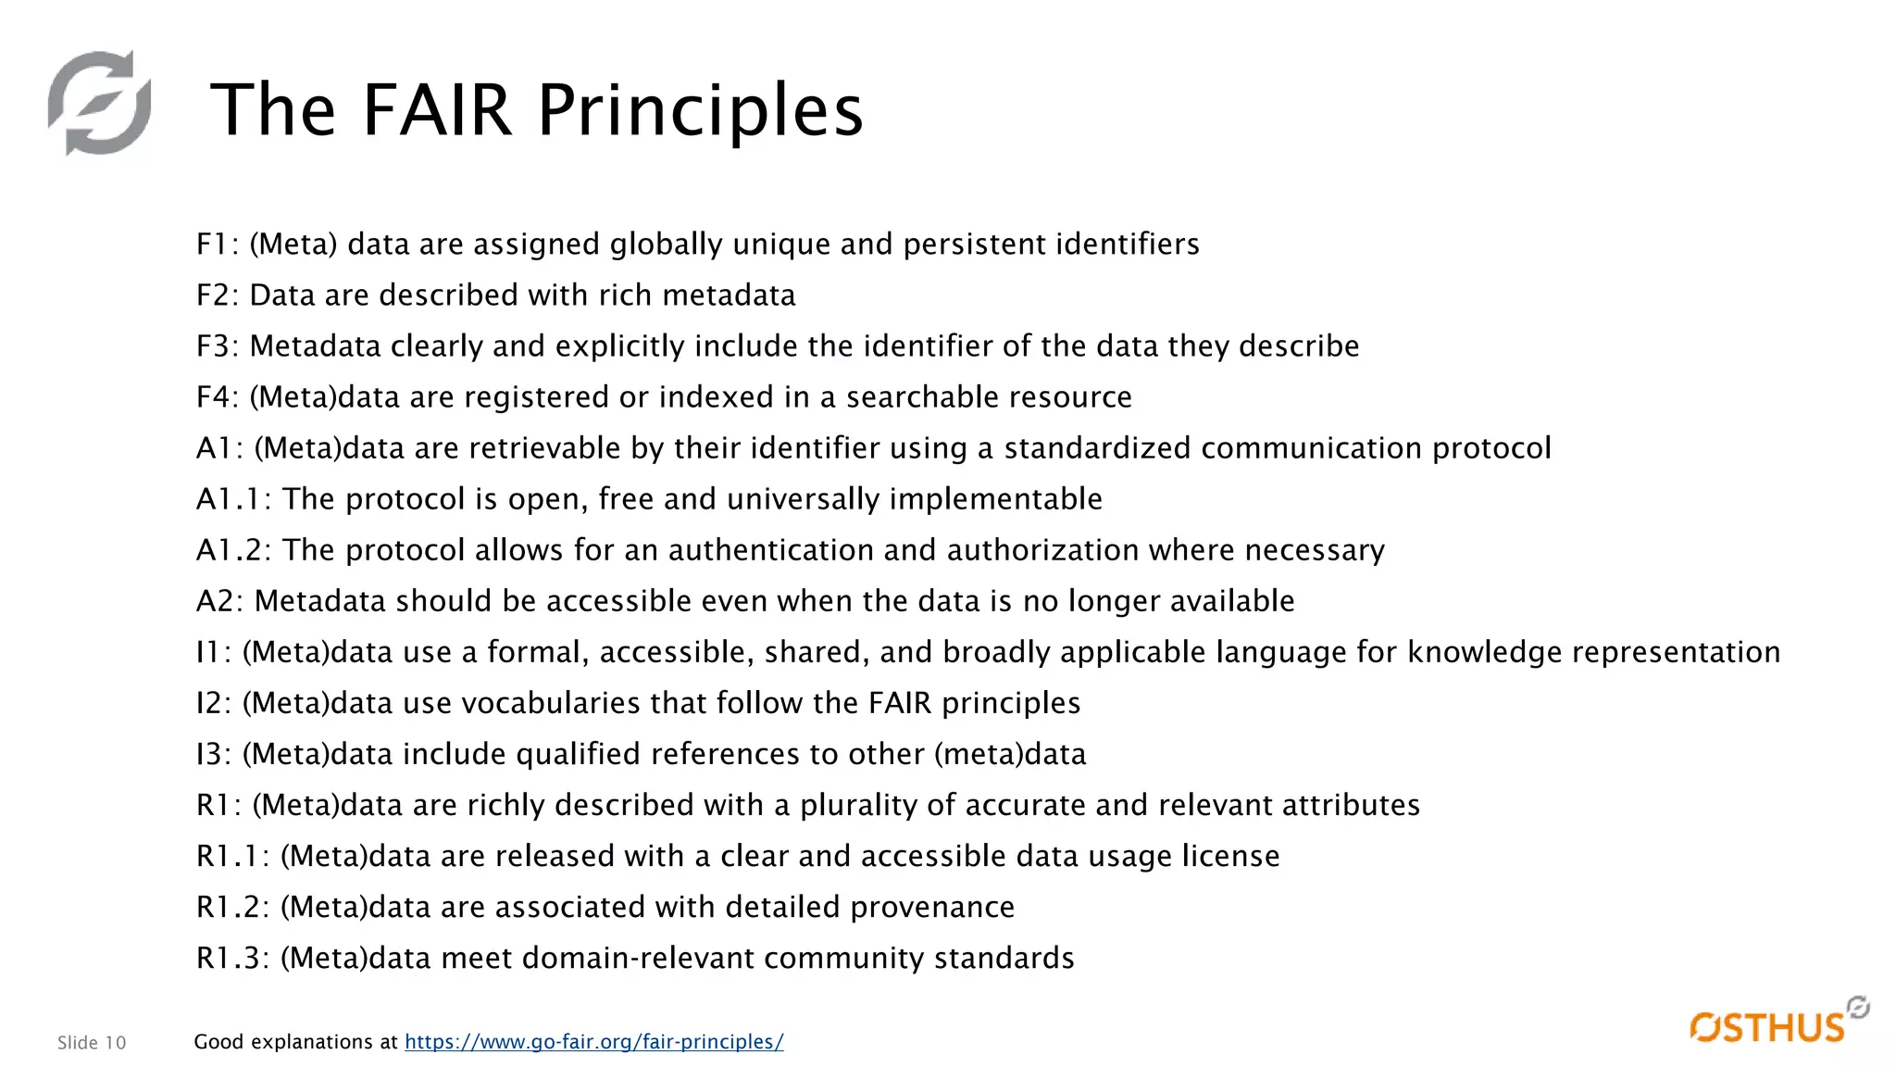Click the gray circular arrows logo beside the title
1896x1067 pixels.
[x=100, y=103]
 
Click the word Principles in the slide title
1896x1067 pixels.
[x=700, y=110]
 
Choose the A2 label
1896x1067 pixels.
[x=219, y=601]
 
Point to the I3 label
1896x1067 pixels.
[x=213, y=754]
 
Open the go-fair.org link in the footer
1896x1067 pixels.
[x=593, y=1042]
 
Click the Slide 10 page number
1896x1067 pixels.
[x=92, y=1043]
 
